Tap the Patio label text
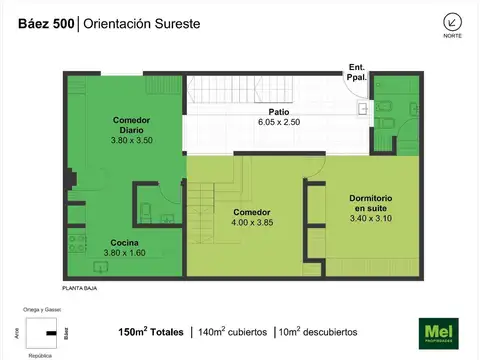(279, 111)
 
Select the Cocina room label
(124, 243)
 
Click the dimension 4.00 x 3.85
(252, 223)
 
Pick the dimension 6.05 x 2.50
(279, 122)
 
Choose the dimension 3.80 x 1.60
(124, 254)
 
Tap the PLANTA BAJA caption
(80, 288)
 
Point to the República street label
(40, 354)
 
